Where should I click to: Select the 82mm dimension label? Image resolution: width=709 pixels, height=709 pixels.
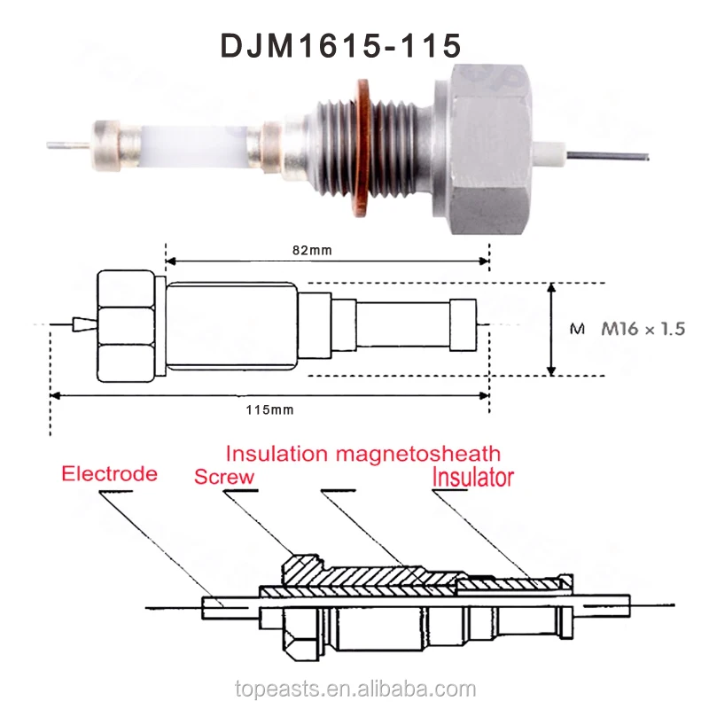click(x=313, y=250)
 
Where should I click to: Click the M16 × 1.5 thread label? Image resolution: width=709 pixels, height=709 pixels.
click(x=643, y=329)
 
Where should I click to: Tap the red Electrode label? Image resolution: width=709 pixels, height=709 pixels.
click(x=109, y=473)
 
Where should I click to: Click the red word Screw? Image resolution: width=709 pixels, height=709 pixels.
click(x=224, y=477)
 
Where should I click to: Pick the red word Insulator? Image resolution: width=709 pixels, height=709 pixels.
click(x=472, y=478)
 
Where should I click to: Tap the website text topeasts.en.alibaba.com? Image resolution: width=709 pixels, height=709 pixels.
click(x=354, y=689)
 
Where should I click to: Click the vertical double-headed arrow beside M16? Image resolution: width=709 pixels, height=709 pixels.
click(x=552, y=329)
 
